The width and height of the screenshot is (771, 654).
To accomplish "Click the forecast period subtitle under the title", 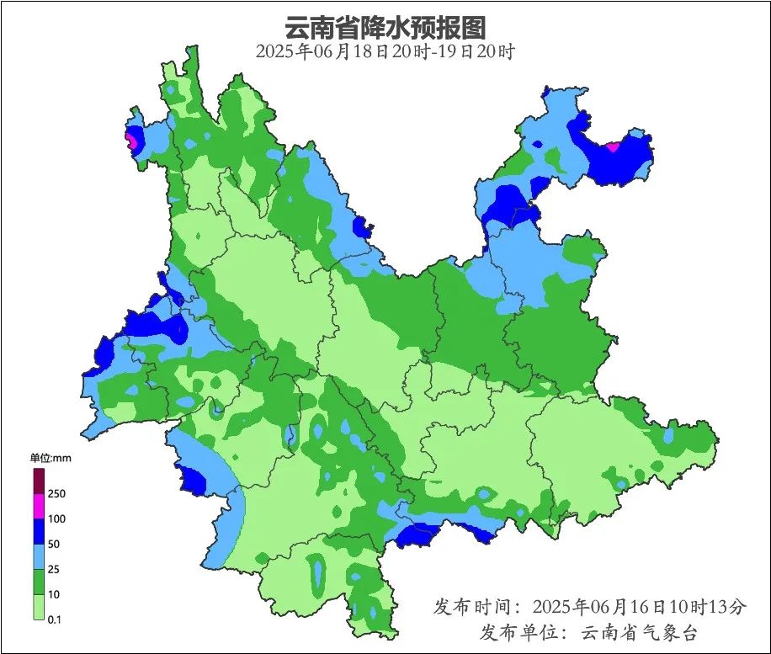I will pos(385,51).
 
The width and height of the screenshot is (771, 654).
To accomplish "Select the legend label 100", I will pos(57,519).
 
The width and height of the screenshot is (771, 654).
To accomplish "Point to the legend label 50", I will pos(55,545).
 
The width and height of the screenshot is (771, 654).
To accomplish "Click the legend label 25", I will pos(55,570).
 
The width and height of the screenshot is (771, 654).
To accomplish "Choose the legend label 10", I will pos(55,594).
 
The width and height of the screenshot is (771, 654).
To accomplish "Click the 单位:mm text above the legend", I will pos(49,458).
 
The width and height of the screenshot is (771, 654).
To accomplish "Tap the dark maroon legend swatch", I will pos(39,481).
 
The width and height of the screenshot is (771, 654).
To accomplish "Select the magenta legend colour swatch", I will pos(39,507).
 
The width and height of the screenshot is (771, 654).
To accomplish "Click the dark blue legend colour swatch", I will pos(39,532).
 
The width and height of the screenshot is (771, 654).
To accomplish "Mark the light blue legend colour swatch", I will pos(39,557).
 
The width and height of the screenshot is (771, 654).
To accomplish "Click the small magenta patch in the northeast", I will pos(613,147).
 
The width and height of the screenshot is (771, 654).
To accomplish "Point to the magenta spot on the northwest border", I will pos(131,140).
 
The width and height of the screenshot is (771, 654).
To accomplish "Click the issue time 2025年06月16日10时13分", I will pos(640,606).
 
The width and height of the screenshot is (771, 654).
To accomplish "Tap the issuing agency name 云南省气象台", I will pos(641,632).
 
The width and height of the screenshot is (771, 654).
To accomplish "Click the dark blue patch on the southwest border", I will pos(193,481).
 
